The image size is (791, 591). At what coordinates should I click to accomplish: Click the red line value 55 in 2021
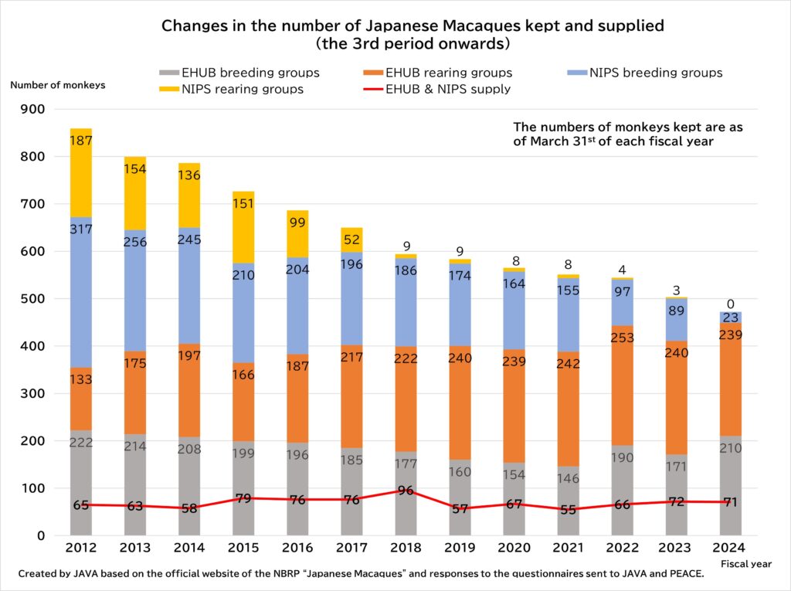coord(569,511)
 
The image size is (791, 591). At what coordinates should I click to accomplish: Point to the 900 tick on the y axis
coord(34,110)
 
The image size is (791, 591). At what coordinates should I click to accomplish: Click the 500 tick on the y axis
coord(34,299)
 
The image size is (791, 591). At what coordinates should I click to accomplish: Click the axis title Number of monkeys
coord(58,85)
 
